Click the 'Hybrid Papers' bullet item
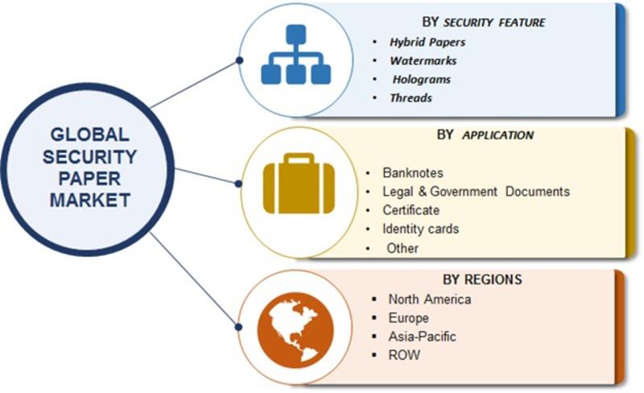[x=427, y=43]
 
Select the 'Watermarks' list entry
[x=423, y=61]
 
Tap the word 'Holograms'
[x=421, y=80]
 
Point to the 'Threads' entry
[x=411, y=97]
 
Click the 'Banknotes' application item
[x=413, y=172]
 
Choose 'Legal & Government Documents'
[x=476, y=192]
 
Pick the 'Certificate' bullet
[x=411, y=210]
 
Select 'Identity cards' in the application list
[x=420, y=229]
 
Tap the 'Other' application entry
[x=402, y=248]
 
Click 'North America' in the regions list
[x=430, y=300]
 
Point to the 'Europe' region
[x=408, y=318]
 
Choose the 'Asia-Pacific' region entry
[x=422, y=337]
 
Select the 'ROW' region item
[x=404, y=355]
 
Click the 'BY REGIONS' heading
[x=482, y=279]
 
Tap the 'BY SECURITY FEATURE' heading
[x=484, y=23]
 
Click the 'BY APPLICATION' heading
[x=485, y=134]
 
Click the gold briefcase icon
[x=299, y=184]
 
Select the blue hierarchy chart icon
[x=295, y=55]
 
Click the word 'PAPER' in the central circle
[x=89, y=179]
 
